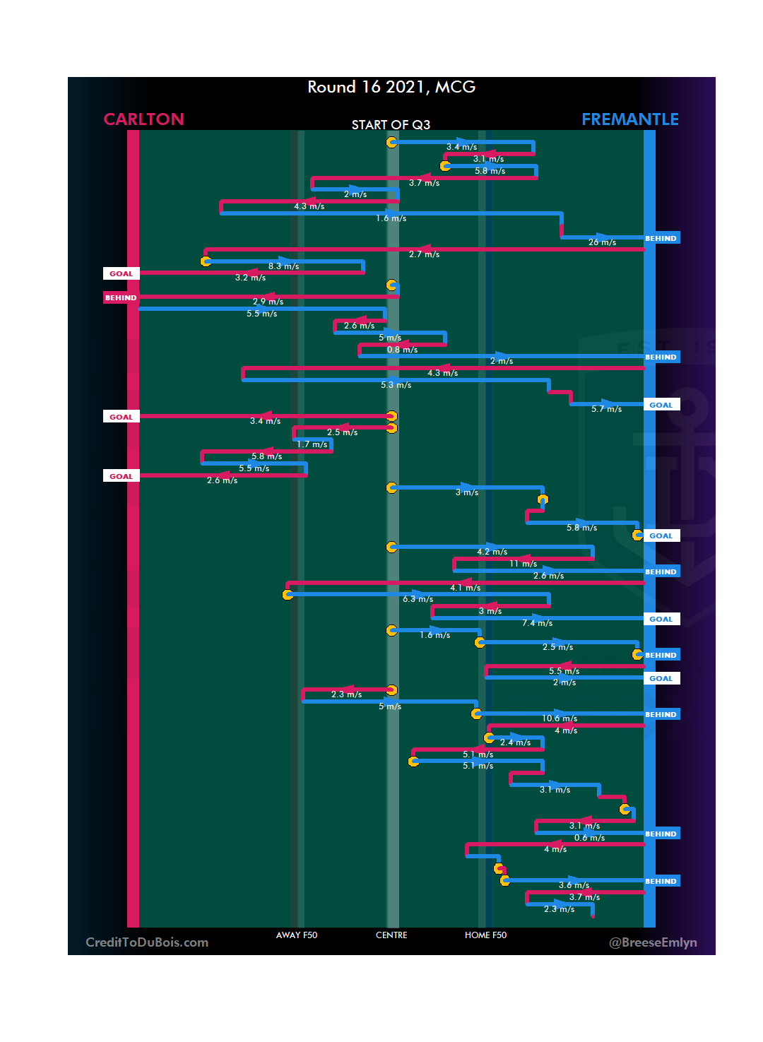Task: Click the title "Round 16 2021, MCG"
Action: tap(391, 87)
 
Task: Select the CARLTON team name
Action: tap(143, 119)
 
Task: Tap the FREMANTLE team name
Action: tap(629, 119)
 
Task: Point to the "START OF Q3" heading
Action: tap(391, 125)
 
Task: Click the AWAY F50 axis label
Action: tap(297, 935)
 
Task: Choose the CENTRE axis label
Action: tap(391, 935)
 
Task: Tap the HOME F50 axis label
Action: tap(485, 935)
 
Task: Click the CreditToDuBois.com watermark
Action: tap(147, 942)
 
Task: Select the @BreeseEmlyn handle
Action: tap(653, 942)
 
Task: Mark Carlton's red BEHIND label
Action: tap(121, 297)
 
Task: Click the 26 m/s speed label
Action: tap(602, 242)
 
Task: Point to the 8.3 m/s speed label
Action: tap(283, 266)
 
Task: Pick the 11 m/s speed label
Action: tap(523, 564)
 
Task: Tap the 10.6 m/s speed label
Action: tap(560, 718)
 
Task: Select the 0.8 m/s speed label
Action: tap(402, 350)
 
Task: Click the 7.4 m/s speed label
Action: tap(537, 623)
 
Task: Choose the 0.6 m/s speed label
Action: tap(589, 838)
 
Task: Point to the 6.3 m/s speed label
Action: tap(418, 599)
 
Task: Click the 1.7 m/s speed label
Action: tap(312, 444)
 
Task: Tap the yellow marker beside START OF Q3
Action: tap(391, 142)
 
